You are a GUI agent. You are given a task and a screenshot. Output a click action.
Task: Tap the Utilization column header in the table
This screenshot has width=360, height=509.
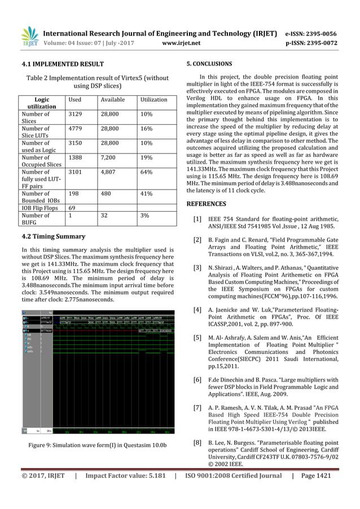[x=153, y=99]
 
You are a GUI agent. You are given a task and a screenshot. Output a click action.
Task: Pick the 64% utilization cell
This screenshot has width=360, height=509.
[x=147, y=173]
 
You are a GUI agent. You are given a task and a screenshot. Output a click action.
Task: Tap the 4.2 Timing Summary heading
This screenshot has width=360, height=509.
[x=53, y=236]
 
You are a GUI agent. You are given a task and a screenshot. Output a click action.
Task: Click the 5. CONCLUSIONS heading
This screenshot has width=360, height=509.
[x=209, y=64]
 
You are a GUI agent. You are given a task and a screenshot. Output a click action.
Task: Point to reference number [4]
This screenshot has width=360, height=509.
[x=197, y=310]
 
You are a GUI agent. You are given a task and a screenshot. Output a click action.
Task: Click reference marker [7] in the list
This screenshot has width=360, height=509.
[x=197, y=407]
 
